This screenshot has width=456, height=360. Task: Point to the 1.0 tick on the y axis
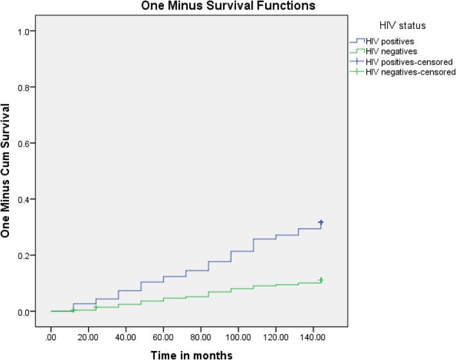pyautogui.click(x=30, y=32)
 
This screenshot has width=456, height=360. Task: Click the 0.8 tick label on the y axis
pyautogui.click(x=30, y=87)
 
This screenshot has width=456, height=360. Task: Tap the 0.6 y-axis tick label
pyautogui.click(x=30, y=143)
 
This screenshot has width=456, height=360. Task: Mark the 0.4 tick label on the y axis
pyautogui.click(x=30, y=199)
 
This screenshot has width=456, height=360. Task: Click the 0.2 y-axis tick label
pyautogui.click(x=30, y=256)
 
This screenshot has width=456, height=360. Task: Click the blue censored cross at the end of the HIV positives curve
pyautogui.click(x=320, y=222)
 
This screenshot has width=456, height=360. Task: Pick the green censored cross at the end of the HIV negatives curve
pyautogui.click(x=320, y=280)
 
